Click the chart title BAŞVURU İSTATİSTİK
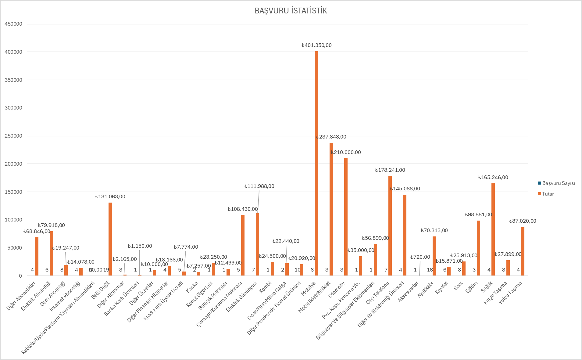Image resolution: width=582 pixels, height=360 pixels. point(291,11)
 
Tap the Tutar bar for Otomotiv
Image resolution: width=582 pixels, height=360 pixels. point(346,217)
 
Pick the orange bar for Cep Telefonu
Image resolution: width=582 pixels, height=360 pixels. point(390,226)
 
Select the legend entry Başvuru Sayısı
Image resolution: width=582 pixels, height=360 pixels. point(556,183)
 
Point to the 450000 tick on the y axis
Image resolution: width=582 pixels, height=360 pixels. point(13,24)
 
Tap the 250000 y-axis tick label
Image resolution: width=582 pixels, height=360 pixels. point(13,136)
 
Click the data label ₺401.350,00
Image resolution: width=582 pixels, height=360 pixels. point(316,45)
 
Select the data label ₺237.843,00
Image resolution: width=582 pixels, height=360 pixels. point(331,137)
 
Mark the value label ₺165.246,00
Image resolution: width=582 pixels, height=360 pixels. point(493,178)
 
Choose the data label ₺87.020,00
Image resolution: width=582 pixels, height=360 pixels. point(523,221)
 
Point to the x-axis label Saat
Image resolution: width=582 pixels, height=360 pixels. point(458,286)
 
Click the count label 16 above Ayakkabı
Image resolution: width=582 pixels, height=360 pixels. point(430,270)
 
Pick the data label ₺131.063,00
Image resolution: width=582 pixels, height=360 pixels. point(110,197)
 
